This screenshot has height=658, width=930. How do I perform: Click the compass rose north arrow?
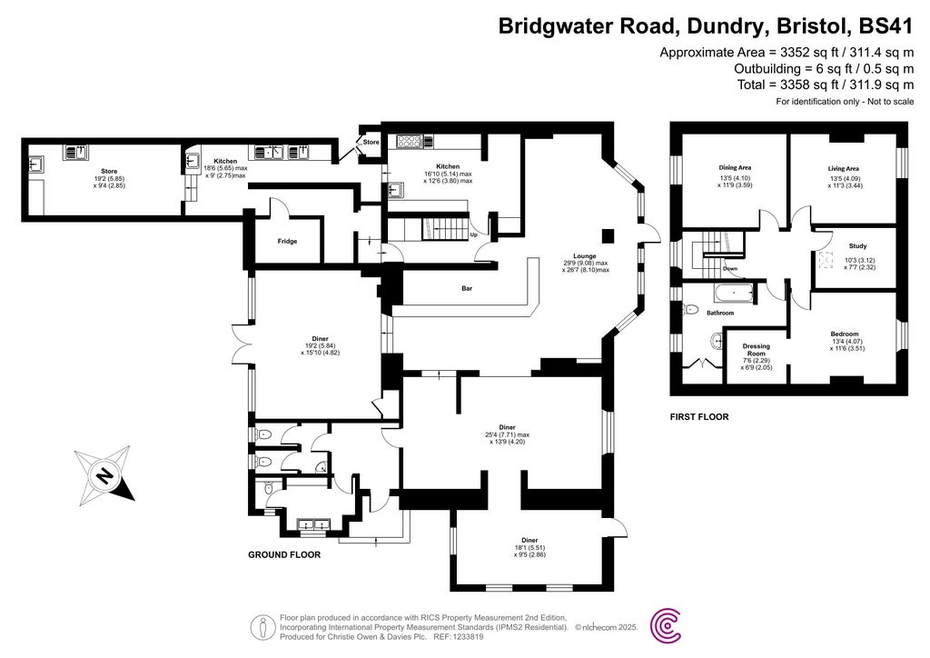pyautogui.click(x=105, y=474)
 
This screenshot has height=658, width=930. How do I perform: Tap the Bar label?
pyautogui.click(x=467, y=288)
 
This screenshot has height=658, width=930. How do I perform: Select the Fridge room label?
pyautogui.click(x=287, y=241)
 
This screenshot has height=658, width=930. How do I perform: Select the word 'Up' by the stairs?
pyautogui.click(x=474, y=235)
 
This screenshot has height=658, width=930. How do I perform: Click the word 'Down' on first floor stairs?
pyautogui.click(x=729, y=269)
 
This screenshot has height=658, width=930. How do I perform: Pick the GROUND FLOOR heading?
pyautogui.click(x=284, y=553)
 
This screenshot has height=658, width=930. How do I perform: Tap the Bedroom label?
pyautogui.click(x=844, y=334)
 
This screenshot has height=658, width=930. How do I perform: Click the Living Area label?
pyautogui.click(x=843, y=168)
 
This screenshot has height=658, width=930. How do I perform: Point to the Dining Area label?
pyautogui.click(x=735, y=167)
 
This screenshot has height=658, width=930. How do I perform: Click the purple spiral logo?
pyautogui.click(x=670, y=624)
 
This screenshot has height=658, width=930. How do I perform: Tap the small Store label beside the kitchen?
pyautogui.click(x=371, y=142)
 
